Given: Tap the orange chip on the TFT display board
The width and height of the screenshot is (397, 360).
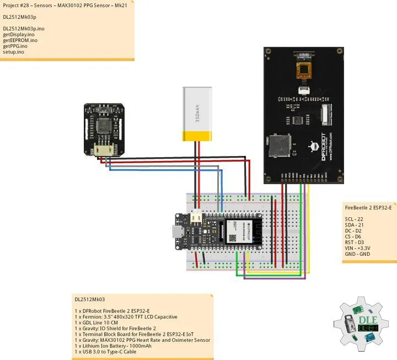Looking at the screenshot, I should coord(303,71).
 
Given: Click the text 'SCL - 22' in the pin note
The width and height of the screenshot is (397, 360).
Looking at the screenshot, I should coord(356,219).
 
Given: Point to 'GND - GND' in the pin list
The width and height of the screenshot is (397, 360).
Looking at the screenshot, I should coord(357,254).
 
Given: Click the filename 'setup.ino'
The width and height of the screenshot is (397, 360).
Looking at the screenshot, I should coord(14,52).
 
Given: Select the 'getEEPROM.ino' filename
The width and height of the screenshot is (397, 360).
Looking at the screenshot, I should coord(20,40).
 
